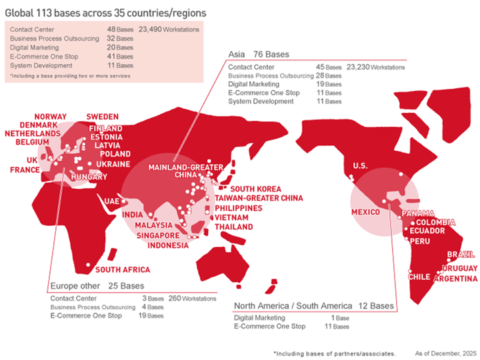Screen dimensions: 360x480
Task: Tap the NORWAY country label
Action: tap(51, 117)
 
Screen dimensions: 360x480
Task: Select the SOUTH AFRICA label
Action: tap(123, 270)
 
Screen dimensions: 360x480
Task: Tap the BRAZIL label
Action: tap(461, 255)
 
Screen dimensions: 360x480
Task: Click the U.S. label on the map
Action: tap(361, 165)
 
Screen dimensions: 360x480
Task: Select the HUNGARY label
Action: tap(88, 177)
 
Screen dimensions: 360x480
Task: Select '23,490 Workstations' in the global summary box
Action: tap(170, 30)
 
